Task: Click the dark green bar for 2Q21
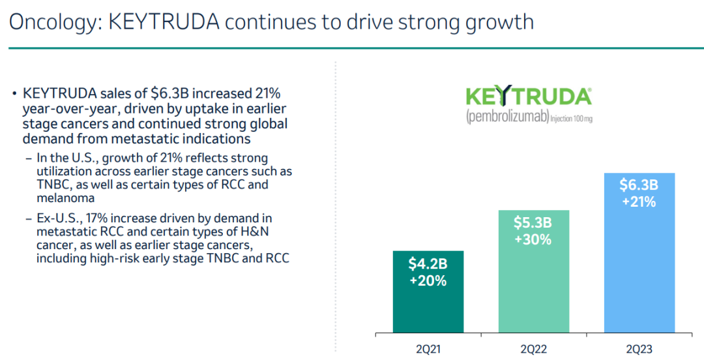click(x=428, y=307)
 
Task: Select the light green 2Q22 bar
click(x=533, y=287)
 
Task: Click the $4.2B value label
click(x=428, y=264)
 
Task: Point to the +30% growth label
click(x=533, y=239)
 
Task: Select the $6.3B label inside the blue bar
click(x=639, y=185)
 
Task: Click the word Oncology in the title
click(x=51, y=22)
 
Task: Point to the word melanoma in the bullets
click(x=66, y=198)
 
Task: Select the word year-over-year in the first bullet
click(x=69, y=108)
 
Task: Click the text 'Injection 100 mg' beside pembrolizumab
click(x=572, y=119)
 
